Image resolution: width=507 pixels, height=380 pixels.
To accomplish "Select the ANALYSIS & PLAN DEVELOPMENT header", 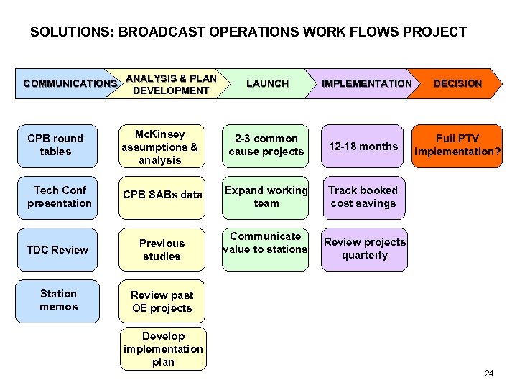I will (171, 84).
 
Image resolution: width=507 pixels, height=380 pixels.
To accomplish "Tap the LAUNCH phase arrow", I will (266, 84).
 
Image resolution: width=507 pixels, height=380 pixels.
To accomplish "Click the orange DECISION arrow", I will (457, 84).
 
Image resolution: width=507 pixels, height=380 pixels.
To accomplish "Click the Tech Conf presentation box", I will (59, 197).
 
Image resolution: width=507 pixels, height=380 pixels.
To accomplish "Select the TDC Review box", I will (57, 250).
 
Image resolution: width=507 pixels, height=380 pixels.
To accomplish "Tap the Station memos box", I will (58, 300).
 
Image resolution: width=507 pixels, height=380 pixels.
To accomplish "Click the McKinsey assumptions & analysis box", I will (162, 147).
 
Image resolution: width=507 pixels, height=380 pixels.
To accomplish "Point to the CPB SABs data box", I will (162, 195).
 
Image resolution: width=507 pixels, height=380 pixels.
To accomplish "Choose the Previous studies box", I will (162, 250).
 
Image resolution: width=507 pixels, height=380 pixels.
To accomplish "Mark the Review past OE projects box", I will (162, 302).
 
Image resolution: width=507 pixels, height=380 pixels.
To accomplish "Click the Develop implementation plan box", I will (163, 349).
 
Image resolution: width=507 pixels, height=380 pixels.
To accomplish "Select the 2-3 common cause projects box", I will (266, 146).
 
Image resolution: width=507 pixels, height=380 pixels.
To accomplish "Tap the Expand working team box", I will (266, 197).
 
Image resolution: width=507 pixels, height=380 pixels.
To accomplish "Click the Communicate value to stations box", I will (265, 243).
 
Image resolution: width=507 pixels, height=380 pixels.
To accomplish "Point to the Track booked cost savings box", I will (363, 197).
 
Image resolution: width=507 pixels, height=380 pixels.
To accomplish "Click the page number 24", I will (489, 373).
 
